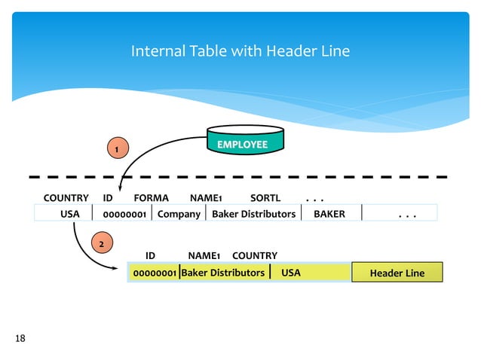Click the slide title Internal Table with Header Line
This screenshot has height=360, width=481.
[240, 51]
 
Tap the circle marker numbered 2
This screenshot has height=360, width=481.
[103, 243]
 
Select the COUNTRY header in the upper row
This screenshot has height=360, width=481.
[66, 198]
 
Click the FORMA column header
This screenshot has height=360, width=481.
[151, 198]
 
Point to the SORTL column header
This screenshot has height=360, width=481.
[265, 198]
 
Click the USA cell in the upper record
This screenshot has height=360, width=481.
[69, 214]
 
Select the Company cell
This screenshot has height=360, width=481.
[179, 214]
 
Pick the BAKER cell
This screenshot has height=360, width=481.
[329, 214]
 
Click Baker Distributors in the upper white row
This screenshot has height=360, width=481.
[253, 214]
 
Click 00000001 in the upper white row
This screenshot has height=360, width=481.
[124, 214]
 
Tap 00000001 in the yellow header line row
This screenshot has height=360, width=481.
[155, 273]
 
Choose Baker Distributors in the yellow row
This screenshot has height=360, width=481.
[223, 273]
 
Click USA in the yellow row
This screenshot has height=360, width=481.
[290, 273]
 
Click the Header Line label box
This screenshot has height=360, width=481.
[397, 273]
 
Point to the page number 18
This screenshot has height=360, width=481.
[20, 338]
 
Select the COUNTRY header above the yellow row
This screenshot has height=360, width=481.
[254, 256]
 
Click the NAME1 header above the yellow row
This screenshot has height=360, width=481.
[204, 256]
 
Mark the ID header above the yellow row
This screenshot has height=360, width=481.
[150, 256]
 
